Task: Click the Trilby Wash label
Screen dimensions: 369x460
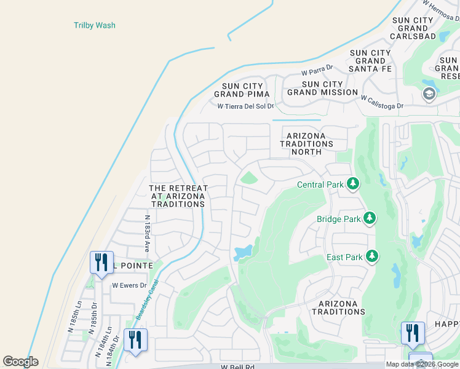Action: click(95, 25)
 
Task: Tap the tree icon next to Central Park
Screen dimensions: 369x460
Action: click(353, 183)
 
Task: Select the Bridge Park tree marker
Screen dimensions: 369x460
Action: click(370, 218)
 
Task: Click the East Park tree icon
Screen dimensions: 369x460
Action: click(372, 256)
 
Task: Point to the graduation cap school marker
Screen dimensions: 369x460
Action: click(429, 94)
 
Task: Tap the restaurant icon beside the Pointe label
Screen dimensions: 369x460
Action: click(100, 261)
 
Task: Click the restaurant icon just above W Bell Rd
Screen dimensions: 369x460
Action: click(135, 339)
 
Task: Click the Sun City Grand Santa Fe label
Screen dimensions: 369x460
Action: click(370, 61)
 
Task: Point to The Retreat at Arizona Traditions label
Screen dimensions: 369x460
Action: click(178, 196)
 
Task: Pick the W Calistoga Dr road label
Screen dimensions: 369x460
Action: click(382, 102)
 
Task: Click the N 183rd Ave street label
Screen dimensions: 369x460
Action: click(147, 234)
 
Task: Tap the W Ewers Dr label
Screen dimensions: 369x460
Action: click(129, 285)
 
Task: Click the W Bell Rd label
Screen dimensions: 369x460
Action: click(237, 367)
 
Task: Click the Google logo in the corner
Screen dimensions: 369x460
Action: click(20, 362)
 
